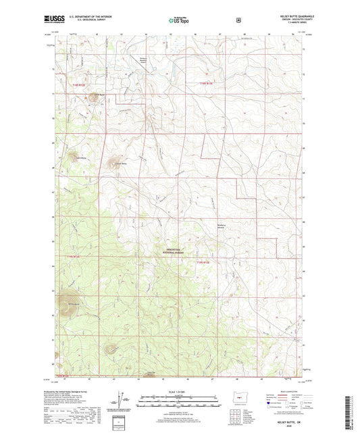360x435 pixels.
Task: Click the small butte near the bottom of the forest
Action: [x=110, y=349]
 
